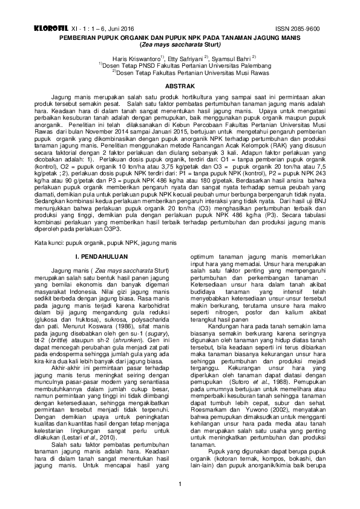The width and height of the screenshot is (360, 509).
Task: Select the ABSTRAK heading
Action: pyautogui.click(x=180, y=87)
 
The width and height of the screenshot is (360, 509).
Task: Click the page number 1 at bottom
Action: pyautogui.click(x=180, y=484)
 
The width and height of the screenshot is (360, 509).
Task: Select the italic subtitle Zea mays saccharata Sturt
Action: pyautogui.click(x=180, y=44)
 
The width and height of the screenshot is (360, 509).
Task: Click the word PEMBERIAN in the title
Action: pyautogui.click(x=79, y=37)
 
